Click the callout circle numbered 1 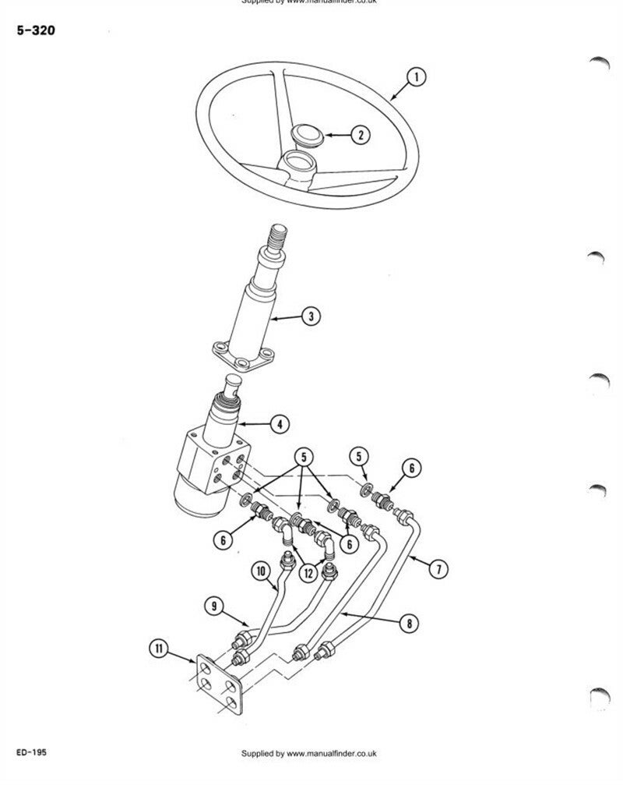(x=417, y=76)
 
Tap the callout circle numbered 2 (x=360, y=136)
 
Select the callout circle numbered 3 (x=310, y=316)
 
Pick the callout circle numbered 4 (x=279, y=424)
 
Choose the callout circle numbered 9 (x=212, y=604)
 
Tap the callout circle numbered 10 (x=259, y=571)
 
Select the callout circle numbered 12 (x=309, y=573)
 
